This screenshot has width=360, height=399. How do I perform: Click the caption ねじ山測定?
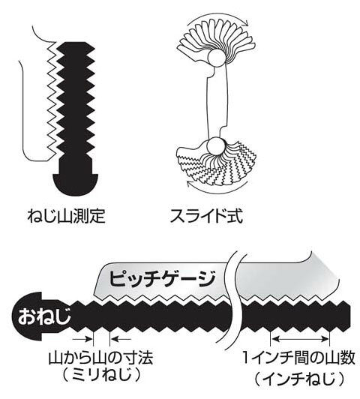(x=67, y=216)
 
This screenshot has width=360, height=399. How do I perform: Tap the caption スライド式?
(x=206, y=216)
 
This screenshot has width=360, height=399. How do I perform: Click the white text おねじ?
(x=43, y=316)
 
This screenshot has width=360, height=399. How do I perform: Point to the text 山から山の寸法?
(x=100, y=358)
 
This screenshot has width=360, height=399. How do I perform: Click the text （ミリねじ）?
(x=101, y=375)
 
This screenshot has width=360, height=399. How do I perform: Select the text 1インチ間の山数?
(x=298, y=358)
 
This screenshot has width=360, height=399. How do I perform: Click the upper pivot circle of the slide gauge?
(x=217, y=58)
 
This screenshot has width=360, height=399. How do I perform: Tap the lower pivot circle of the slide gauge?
(x=215, y=146)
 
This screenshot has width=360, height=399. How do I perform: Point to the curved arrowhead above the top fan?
(x=244, y=23)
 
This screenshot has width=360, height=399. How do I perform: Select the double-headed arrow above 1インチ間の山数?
(x=300, y=339)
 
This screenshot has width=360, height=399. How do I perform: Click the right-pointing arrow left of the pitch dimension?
(x=82, y=339)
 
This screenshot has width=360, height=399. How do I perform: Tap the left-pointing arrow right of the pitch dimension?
(x=121, y=339)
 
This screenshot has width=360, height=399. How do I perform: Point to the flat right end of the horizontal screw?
(x=350, y=316)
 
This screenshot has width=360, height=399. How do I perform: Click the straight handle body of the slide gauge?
(x=217, y=102)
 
